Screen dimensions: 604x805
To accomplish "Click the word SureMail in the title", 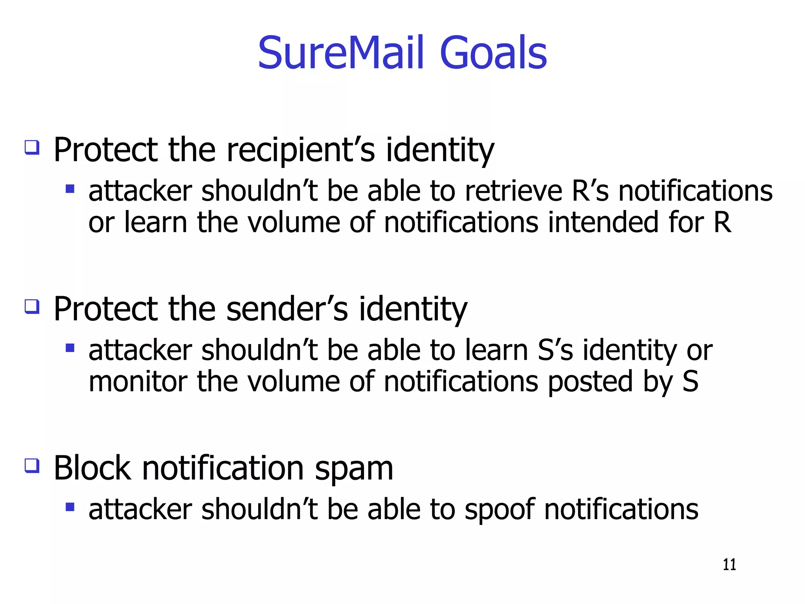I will click(x=341, y=53).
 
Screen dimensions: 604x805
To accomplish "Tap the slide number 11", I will click(x=729, y=565).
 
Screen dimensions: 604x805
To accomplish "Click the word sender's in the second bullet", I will click(x=287, y=309).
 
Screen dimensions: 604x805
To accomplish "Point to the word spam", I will click(x=354, y=469).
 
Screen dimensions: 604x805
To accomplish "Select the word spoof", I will click(x=499, y=510).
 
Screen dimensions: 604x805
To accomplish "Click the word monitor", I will click(x=138, y=382).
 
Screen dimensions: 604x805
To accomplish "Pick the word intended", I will click(x=603, y=223).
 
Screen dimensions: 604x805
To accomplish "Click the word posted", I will click(x=590, y=382).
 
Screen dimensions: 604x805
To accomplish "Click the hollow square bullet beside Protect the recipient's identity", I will click(x=32, y=147).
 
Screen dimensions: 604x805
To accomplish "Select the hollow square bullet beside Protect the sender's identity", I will click(x=32, y=306).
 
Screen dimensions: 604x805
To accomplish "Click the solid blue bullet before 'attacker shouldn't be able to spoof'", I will click(x=70, y=507).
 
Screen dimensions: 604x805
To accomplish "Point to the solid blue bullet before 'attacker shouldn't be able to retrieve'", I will click(x=70, y=189).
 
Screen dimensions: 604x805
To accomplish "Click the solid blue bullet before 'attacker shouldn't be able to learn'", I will click(x=70, y=348).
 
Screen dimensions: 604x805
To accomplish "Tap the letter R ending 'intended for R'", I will click(x=722, y=223).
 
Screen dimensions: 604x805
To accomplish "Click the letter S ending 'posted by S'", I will click(x=690, y=382).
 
